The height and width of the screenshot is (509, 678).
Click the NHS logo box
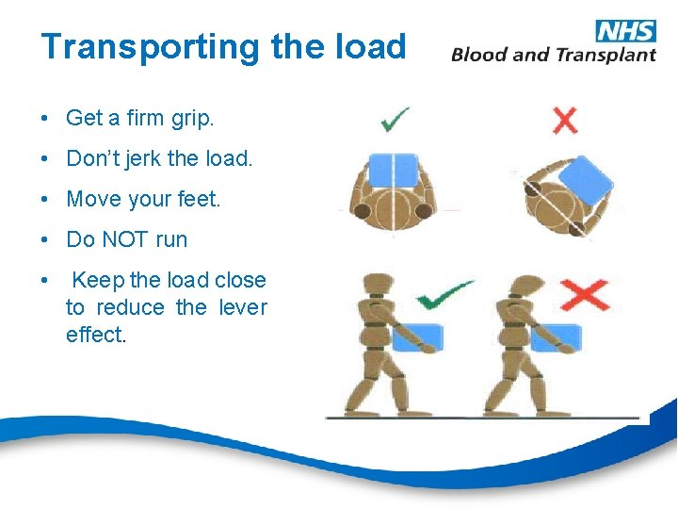point(625,30)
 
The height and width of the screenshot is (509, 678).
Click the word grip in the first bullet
point(191,119)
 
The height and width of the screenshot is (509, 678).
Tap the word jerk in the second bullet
point(141,158)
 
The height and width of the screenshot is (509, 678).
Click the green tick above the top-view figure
point(394,120)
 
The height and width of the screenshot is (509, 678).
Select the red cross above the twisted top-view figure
point(564,120)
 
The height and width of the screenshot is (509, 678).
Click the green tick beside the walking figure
point(445,295)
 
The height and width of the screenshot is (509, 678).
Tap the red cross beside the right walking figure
point(584,295)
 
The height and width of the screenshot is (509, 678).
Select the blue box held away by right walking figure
point(556,337)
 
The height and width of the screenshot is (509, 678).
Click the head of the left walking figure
point(378,286)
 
